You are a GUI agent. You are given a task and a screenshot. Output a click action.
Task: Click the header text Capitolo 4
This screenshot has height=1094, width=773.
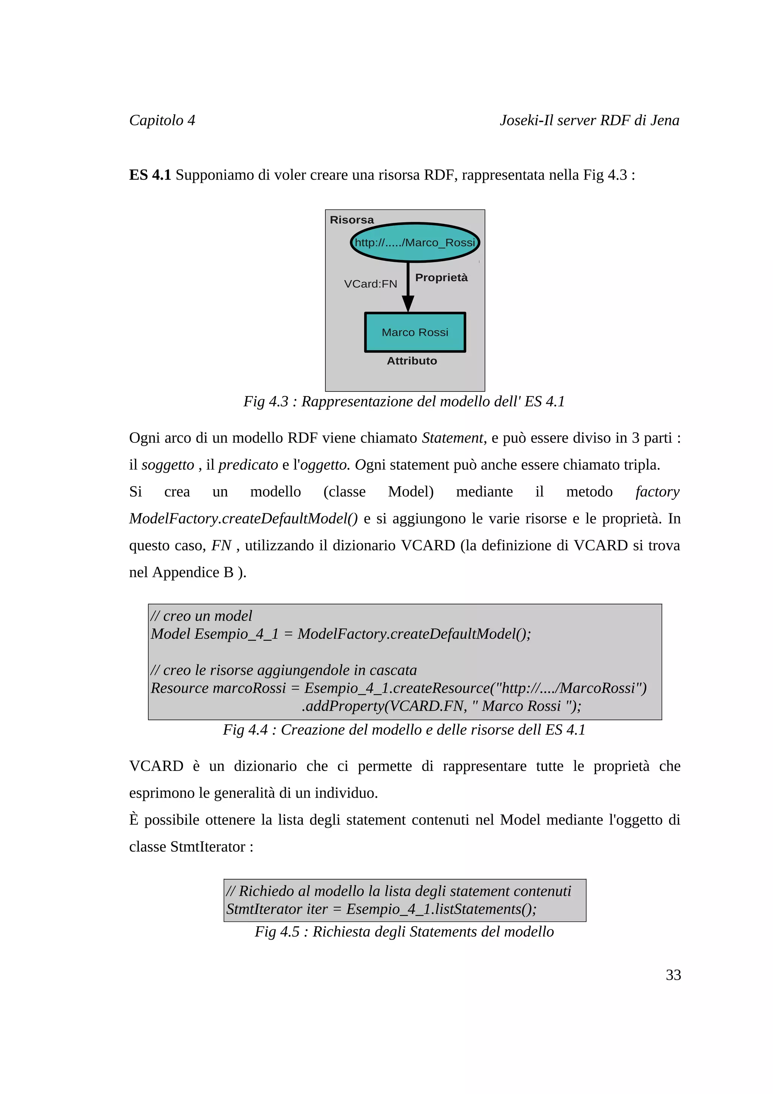coord(162,120)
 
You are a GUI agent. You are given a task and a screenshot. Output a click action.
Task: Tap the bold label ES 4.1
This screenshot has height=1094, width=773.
coord(149,175)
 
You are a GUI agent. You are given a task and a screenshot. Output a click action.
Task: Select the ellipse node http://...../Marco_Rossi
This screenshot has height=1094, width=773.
coord(415,242)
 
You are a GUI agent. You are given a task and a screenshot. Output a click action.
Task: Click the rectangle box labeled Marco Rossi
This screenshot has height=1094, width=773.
coord(415,332)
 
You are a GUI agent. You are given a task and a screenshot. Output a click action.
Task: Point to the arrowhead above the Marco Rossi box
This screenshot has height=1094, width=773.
coord(408,303)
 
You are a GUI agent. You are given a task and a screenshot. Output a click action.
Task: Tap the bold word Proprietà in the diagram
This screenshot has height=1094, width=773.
coord(441,277)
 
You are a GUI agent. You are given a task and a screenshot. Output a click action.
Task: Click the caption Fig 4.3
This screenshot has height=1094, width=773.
coord(404,401)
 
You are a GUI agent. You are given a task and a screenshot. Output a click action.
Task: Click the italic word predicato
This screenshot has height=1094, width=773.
coord(248,465)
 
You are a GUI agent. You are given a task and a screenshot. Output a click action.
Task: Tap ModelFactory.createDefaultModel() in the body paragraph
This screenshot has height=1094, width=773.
coord(243,518)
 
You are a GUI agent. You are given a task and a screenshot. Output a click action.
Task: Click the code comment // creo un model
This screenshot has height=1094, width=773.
coord(202,616)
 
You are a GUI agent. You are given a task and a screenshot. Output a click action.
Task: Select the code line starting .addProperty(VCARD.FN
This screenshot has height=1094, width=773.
coord(441,706)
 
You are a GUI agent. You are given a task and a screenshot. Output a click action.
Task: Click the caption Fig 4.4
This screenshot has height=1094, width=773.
coord(404,729)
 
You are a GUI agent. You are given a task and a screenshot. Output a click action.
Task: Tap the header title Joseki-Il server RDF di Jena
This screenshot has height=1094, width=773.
coord(589,120)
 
